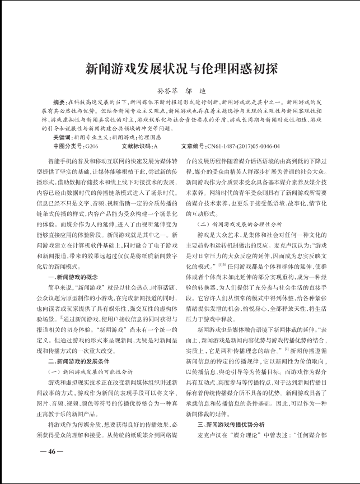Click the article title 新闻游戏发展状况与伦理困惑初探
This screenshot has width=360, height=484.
[180, 69]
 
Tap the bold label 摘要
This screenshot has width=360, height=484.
[59, 104]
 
